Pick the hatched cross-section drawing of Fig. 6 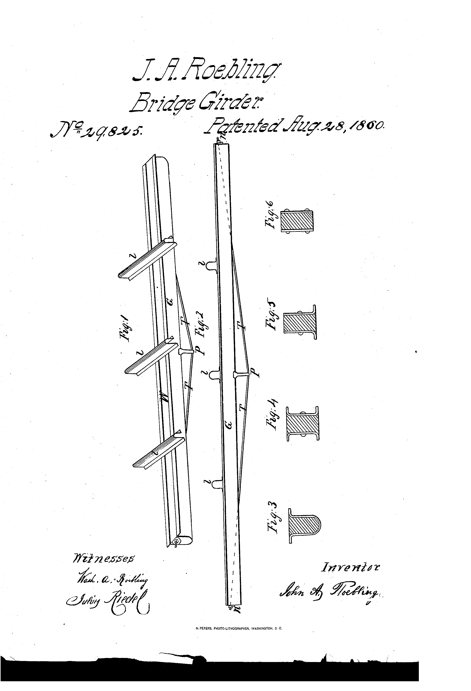pyautogui.click(x=297, y=221)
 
